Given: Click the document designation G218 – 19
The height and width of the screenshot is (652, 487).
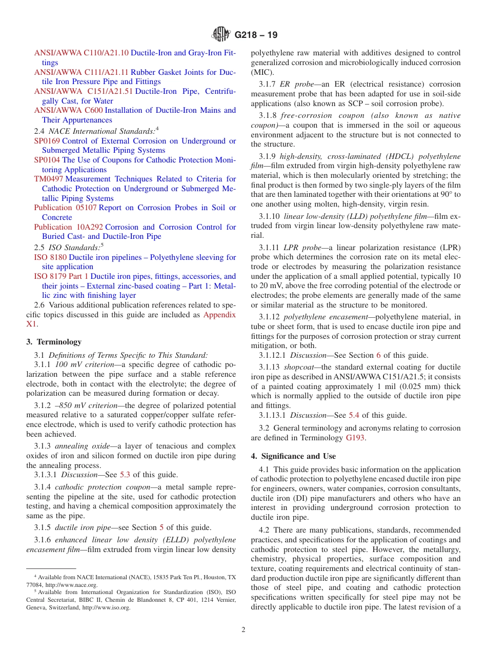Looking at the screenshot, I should (256, 35).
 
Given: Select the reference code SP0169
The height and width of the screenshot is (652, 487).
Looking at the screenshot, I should (47, 141).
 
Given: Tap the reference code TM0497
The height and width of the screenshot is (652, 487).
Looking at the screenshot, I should (49, 179).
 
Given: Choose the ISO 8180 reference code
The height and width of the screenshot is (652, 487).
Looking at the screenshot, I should (50, 257).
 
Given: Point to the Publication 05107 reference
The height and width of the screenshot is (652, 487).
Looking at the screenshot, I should (65, 208).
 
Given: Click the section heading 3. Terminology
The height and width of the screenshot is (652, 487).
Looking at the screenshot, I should (54, 342).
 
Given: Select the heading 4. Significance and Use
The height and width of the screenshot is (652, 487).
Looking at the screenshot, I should (293, 456).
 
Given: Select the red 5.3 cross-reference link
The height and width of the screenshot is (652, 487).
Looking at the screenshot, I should (125, 475).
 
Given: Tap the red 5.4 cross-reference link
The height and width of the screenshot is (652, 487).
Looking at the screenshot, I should (354, 415).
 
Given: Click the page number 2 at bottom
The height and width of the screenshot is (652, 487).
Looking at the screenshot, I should (243, 630).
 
